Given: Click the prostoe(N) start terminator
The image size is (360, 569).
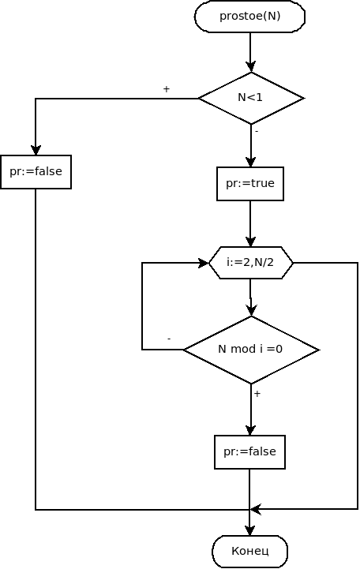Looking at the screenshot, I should [x=249, y=17].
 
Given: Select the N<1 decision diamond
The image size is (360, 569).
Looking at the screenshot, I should [x=251, y=99].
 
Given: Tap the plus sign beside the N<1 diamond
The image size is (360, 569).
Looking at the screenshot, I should [x=166, y=90].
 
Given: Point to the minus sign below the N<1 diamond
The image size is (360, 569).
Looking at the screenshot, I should [x=257, y=131].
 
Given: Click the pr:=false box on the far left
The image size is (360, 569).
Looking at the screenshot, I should [x=36, y=171].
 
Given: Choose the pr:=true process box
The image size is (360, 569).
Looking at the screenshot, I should [x=250, y=183].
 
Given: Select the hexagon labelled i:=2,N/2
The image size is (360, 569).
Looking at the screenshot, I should [x=251, y=263].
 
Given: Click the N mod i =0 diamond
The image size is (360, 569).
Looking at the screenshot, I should [x=251, y=349].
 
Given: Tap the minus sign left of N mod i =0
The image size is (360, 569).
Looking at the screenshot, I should [x=169, y=339].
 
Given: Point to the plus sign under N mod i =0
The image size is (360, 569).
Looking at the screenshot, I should [x=257, y=393].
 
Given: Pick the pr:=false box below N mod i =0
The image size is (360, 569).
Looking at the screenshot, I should [x=249, y=452].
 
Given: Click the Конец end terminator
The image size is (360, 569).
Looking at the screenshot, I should [x=249, y=551].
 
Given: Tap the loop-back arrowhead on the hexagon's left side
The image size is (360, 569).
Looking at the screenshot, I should [x=204, y=263].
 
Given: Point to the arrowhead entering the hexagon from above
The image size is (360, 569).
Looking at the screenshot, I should [x=250, y=242].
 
